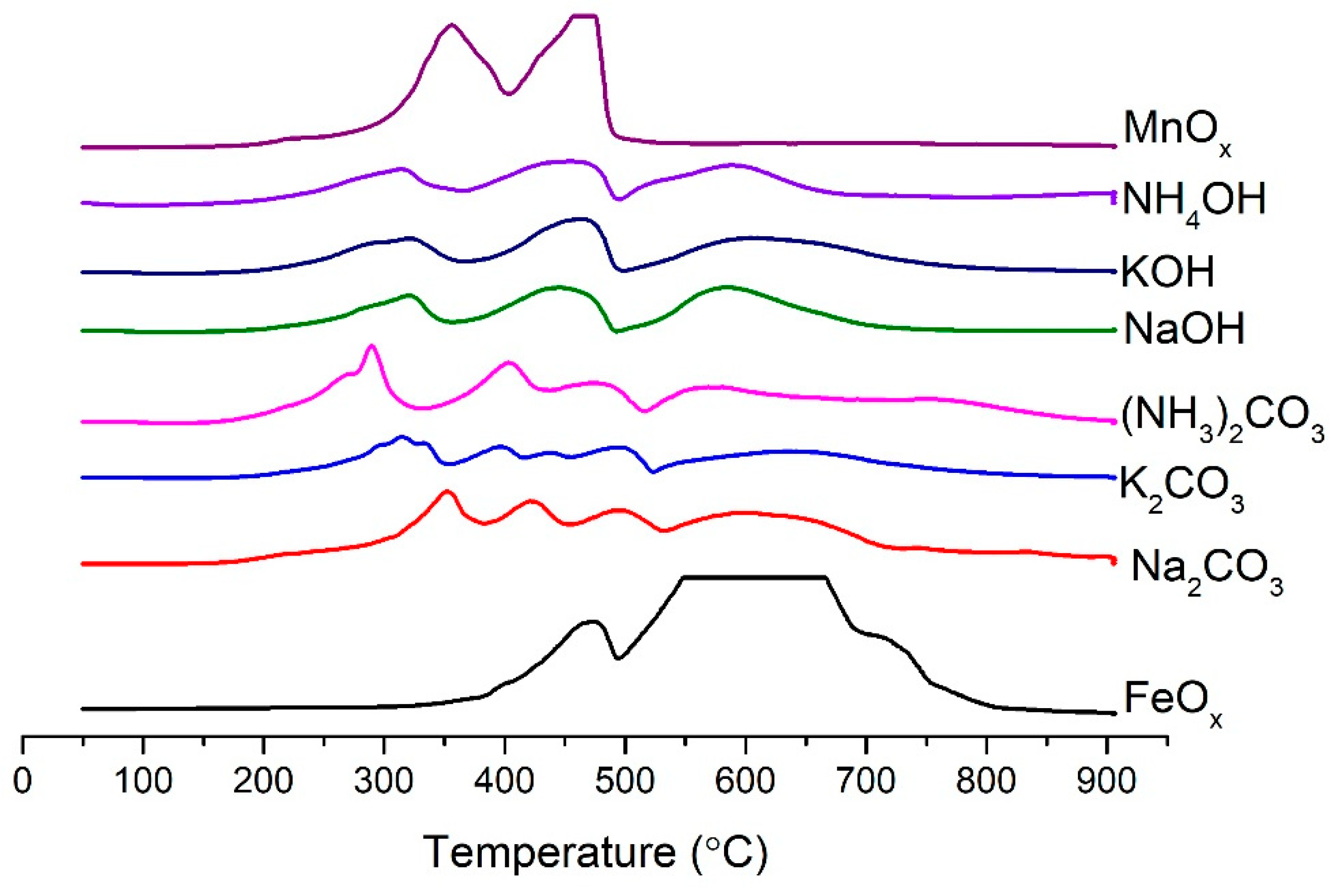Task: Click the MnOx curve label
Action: point(1177,132)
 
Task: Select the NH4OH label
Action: point(1193,202)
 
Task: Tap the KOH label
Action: point(1168,272)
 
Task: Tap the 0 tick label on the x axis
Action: point(23,781)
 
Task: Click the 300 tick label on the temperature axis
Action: point(383,781)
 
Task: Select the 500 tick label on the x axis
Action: point(624,781)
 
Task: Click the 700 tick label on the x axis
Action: point(865,781)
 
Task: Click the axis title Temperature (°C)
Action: point(595,852)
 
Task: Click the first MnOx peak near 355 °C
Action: point(451,24)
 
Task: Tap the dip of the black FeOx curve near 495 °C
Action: point(618,658)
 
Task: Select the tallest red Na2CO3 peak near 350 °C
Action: point(447,491)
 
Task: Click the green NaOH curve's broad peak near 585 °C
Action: point(727,287)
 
